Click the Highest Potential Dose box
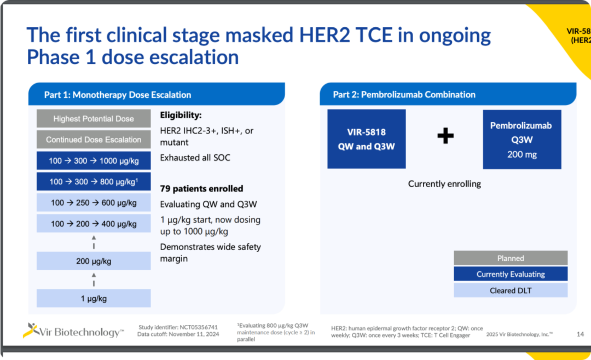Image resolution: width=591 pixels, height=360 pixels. click(94, 119)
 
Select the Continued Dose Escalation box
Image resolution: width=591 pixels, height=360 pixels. click(94, 140)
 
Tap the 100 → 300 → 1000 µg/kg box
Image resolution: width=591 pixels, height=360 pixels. click(94, 161)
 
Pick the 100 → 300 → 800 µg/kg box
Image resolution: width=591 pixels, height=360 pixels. click(94, 182)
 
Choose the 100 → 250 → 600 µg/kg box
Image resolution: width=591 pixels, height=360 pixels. click(94, 202)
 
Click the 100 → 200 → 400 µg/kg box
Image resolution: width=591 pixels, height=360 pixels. click(94, 224)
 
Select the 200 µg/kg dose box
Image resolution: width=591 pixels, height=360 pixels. click(94, 261)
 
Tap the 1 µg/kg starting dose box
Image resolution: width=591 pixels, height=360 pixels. click(94, 298)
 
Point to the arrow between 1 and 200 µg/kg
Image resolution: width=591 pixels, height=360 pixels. click(94, 280)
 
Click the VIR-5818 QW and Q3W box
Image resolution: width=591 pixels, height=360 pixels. click(366, 139)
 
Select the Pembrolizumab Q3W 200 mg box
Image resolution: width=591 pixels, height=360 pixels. click(522, 140)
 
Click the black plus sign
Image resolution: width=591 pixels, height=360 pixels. click(445, 136)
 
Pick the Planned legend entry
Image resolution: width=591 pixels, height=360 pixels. click(511, 258)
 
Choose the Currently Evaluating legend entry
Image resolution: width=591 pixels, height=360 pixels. click(511, 274)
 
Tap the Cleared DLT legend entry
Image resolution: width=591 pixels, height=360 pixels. click(511, 291)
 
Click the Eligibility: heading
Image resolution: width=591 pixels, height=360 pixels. click(181, 115)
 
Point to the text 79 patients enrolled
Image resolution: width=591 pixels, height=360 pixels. click(201, 189)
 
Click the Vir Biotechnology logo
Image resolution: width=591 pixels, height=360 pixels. click(73, 331)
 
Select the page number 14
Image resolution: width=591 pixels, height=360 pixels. click(580, 334)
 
